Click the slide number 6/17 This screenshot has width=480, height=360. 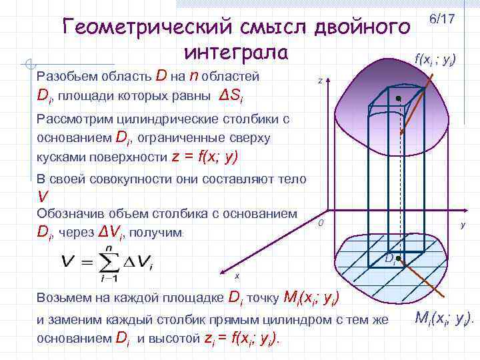pos(442,19)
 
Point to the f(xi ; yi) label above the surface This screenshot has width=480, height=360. pos(440,59)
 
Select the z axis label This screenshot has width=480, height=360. pos(320,81)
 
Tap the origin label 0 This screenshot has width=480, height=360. pos(321,222)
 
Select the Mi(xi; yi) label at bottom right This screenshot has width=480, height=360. pos(442,319)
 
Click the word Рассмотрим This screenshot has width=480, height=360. pos(74,120)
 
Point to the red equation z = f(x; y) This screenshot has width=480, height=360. pos(205,157)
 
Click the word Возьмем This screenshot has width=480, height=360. pos(66,297)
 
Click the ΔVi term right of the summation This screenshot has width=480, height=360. pos(139,261)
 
